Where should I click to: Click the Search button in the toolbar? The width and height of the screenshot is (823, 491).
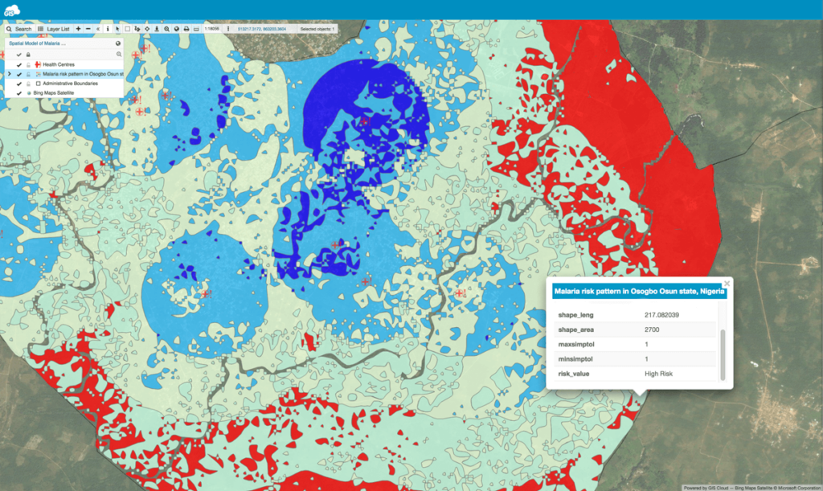(18, 29)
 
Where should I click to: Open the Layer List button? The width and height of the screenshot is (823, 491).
(55, 29)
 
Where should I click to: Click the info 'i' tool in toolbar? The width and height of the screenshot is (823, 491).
(108, 29)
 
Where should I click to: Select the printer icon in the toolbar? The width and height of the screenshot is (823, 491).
(186, 29)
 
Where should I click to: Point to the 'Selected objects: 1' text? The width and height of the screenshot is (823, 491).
(318, 29)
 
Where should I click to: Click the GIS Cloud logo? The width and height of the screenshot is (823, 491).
(14, 10)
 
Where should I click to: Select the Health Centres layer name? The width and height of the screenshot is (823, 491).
(59, 63)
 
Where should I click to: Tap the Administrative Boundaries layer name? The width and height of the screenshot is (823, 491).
(71, 83)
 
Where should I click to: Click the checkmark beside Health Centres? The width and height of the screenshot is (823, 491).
(18, 63)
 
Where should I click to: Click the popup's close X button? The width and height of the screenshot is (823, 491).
(727, 284)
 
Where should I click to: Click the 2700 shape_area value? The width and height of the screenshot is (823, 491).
(653, 329)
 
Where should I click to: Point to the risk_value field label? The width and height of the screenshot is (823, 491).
(574, 374)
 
